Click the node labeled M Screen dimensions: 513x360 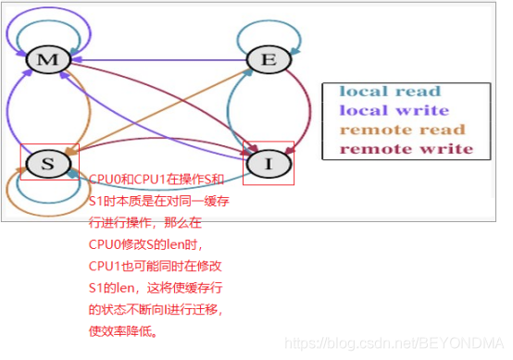click(x=43, y=61)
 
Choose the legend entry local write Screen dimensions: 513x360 click(x=391, y=110)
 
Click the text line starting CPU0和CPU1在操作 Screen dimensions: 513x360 click(x=156, y=179)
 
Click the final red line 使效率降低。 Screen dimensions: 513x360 click(x=122, y=329)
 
